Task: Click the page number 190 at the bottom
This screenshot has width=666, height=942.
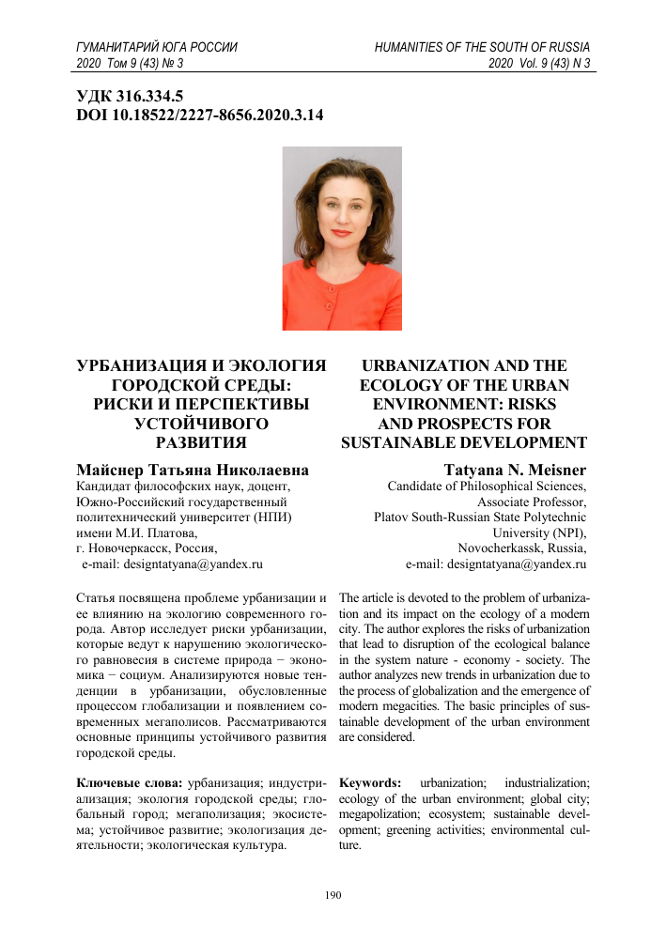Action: tap(333, 895)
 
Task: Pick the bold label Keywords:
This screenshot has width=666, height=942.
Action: tap(370, 781)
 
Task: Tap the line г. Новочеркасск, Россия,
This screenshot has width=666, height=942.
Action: tap(146, 548)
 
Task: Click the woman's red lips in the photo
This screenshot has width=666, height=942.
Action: tap(340, 231)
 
